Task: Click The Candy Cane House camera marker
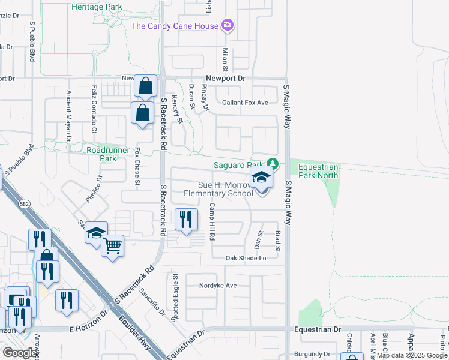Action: click(x=228, y=25)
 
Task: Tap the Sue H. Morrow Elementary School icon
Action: click(x=262, y=178)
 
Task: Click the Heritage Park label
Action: click(x=97, y=7)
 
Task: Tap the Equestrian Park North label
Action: click(x=315, y=171)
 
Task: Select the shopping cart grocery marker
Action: click(x=112, y=245)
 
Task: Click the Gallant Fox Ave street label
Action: click(x=245, y=103)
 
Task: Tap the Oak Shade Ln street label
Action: click(x=246, y=258)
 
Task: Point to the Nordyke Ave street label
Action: click(x=218, y=286)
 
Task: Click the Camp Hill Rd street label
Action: click(x=212, y=221)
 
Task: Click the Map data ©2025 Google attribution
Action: click(x=412, y=355)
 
